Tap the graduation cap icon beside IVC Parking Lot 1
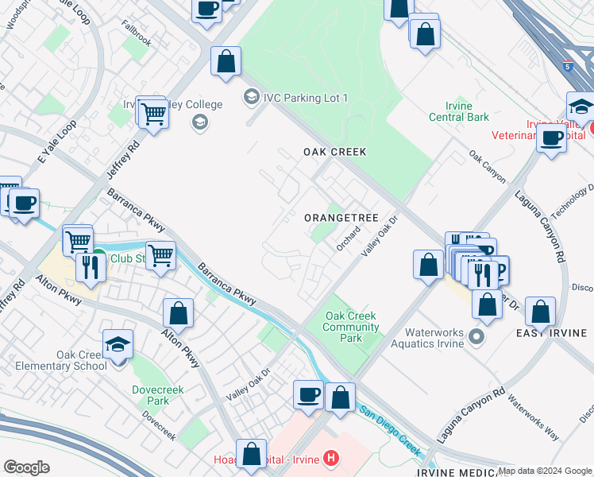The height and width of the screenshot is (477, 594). [x=251, y=97]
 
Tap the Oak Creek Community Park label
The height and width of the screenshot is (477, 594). [x=350, y=327]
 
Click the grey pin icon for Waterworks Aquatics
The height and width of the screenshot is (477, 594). [x=476, y=337]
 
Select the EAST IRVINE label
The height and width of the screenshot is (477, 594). [x=551, y=333]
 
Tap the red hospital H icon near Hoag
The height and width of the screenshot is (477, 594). [x=332, y=460]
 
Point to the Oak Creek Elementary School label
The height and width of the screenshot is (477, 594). [x=81, y=360]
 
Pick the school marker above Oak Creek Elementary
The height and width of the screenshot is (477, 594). [x=118, y=343]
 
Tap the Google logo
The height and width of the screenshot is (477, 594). [x=26, y=467]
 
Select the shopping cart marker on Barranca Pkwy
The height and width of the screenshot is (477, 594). [x=160, y=256]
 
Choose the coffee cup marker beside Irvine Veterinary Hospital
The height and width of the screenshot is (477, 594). [x=551, y=138]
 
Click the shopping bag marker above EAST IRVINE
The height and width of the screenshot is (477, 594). [x=540, y=312]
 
